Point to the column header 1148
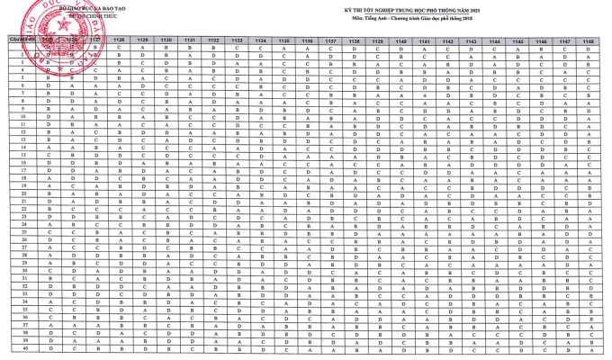click(x=588, y=41)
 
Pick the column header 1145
click(x=517, y=41)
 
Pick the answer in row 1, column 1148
click(x=588, y=49)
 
